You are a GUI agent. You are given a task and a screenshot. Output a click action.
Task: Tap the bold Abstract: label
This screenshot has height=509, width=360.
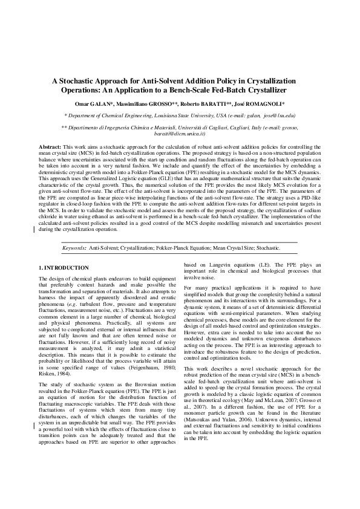tap(50, 148)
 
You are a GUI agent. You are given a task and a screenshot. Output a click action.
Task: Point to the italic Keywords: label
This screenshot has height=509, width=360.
tap(75, 248)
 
